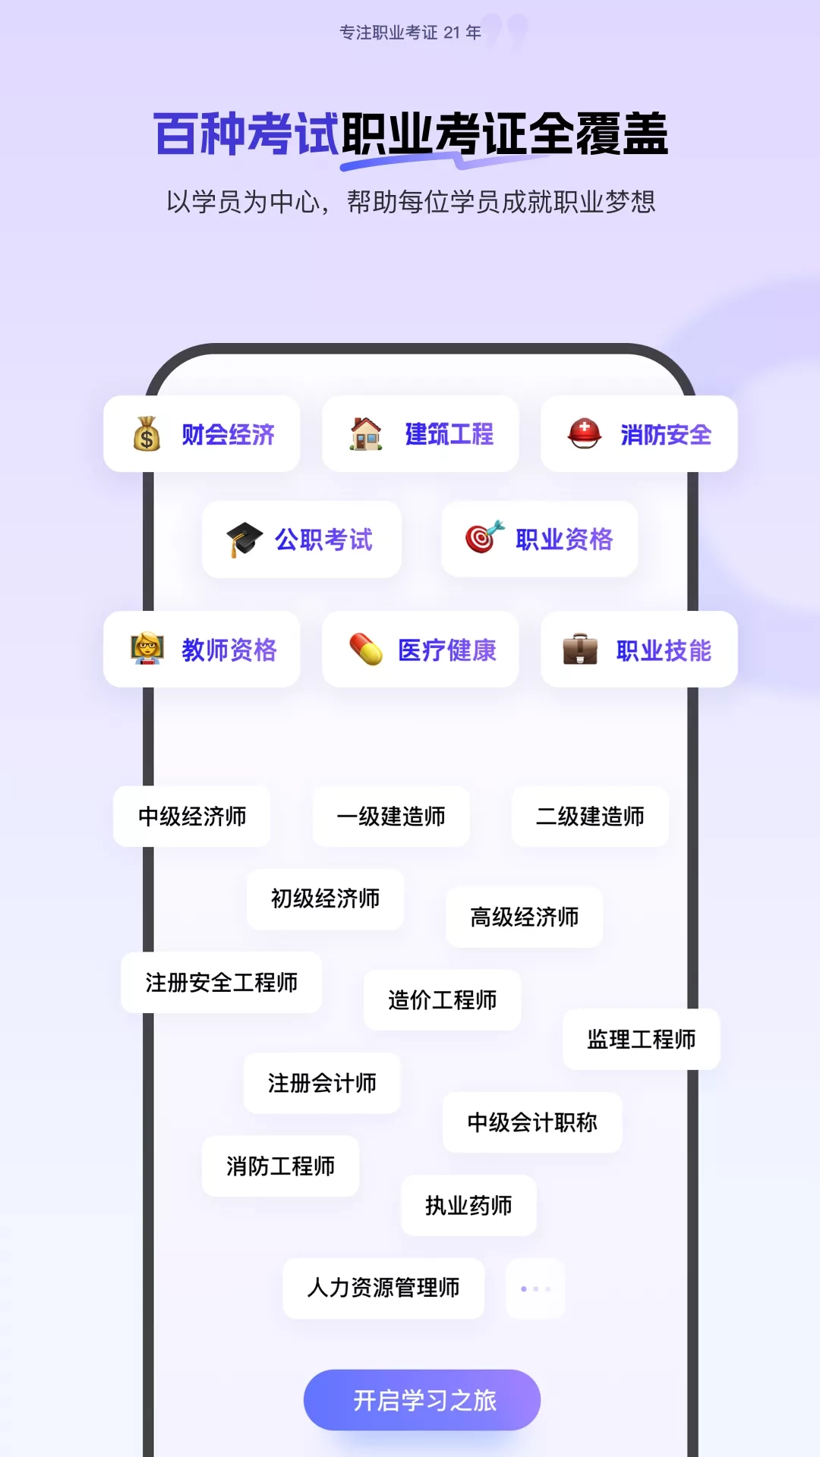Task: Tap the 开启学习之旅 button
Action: (x=422, y=1400)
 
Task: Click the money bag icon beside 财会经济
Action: (x=147, y=434)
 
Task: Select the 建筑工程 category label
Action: (x=449, y=434)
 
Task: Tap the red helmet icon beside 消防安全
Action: (x=585, y=433)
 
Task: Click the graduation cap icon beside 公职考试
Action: (x=244, y=540)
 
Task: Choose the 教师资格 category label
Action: (x=229, y=650)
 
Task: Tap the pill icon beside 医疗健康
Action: (x=366, y=650)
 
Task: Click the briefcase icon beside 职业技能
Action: (x=580, y=650)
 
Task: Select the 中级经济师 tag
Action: (x=192, y=817)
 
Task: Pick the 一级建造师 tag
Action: (x=391, y=817)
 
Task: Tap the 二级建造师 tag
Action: (x=590, y=817)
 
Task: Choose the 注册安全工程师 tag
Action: (x=222, y=983)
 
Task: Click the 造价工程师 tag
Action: (x=442, y=1000)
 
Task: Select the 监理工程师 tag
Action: (x=641, y=1040)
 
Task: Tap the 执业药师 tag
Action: (x=468, y=1206)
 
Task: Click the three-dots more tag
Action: (x=535, y=1289)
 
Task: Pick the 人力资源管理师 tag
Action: (x=383, y=1289)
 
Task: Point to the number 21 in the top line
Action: (x=452, y=33)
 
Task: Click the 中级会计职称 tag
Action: (x=532, y=1122)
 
